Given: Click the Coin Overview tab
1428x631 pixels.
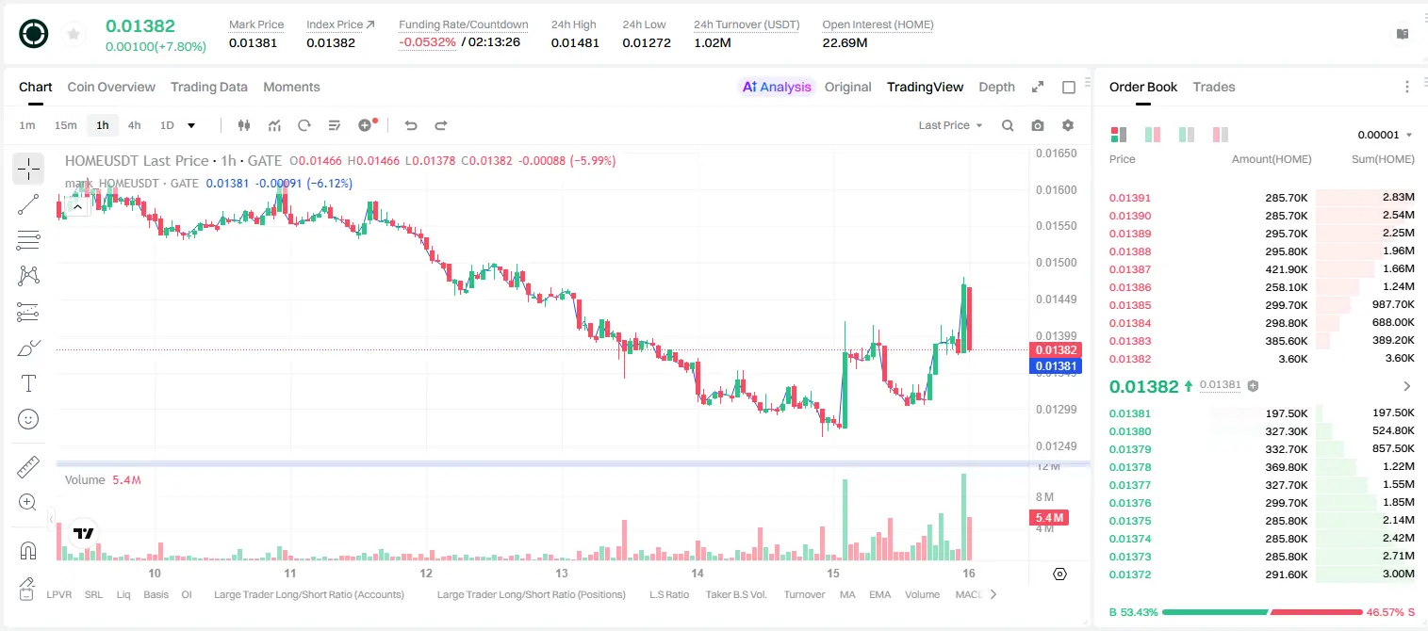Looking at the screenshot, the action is pos(111,87).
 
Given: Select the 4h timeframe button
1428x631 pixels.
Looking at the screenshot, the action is pos(134,125).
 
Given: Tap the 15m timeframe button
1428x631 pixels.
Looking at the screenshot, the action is pos(65,125).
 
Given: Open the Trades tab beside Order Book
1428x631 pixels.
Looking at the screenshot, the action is pos(1214,87).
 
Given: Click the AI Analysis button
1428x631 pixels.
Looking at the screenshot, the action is pos(777,87).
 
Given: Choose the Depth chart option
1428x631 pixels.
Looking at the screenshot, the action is pos(996,87).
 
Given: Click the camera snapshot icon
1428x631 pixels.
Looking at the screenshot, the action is pos(1038,125).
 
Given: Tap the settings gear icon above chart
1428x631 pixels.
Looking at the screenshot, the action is pos(1068,125).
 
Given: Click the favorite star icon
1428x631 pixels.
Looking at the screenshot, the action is pos(74,34).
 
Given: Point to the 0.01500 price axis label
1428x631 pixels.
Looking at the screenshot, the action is pos(1057,263).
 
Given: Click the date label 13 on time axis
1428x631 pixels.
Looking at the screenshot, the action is pos(562,573).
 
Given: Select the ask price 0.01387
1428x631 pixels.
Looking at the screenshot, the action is pos(1129,269).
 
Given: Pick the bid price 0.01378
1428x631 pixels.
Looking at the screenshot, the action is pos(1129,467).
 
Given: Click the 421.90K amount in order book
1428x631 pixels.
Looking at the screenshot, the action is pos(1287,269).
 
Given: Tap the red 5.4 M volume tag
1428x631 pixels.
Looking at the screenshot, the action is pos(1049,518).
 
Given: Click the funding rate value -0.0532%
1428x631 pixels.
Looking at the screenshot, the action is pos(427,42).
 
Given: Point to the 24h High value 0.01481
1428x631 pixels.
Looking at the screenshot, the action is pos(575,42).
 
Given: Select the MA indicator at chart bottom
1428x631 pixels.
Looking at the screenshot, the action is pos(847,594).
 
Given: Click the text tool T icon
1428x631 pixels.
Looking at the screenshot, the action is pos(28,383).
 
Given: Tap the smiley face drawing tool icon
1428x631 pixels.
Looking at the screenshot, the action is pos(28,419).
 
